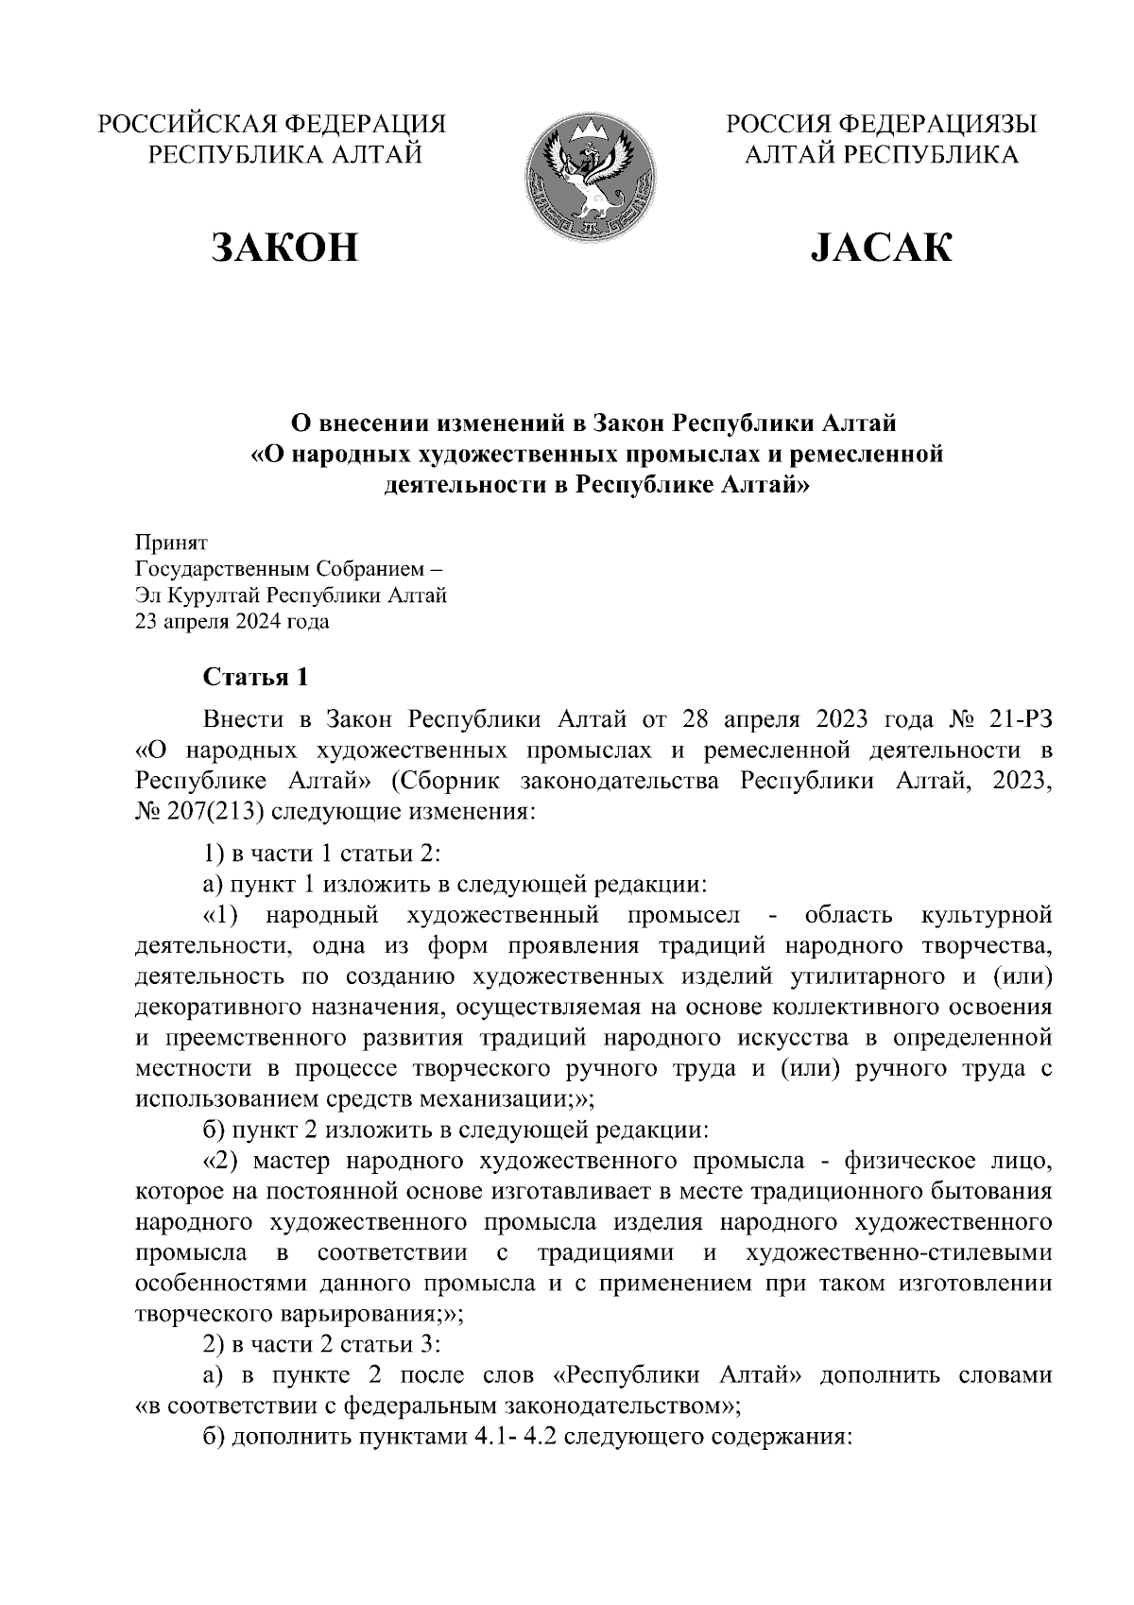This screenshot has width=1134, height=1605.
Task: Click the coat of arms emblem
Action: click(x=591, y=176)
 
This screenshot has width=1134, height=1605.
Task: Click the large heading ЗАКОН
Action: click(x=284, y=248)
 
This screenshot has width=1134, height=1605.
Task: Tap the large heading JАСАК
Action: click(x=881, y=248)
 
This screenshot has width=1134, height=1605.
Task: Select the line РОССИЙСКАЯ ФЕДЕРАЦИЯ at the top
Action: click(x=273, y=124)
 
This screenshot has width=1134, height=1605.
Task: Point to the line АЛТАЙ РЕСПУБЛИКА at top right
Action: click(x=881, y=155)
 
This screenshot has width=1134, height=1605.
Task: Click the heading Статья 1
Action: click(x=256, y=678)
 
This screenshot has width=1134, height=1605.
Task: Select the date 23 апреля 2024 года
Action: click(x=232, y=622)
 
